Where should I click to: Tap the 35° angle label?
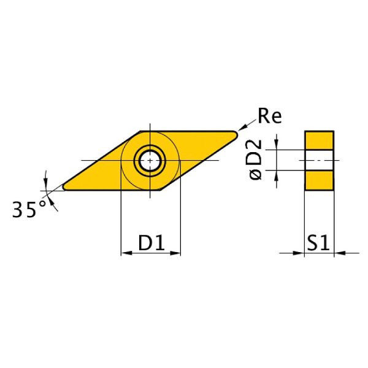[29, 210]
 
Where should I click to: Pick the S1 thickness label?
[318, 243]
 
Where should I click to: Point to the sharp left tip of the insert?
[63, 187]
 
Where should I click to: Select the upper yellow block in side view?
[319, 140]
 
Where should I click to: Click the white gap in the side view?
[319, 161]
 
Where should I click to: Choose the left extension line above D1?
[120, 221]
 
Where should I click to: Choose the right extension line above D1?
[180, 221]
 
